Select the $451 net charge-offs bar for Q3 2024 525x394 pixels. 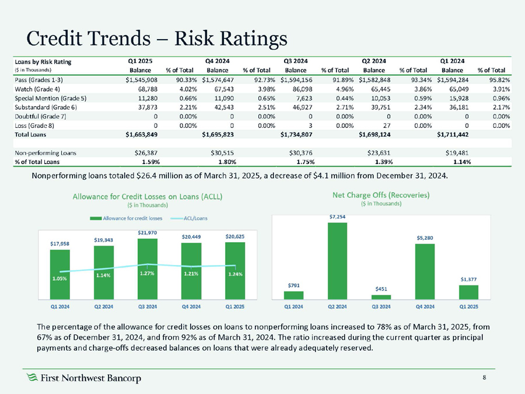pyautogui.click(x=381, y=297)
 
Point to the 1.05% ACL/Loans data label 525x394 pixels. pyautogui.click(x=60, y=278)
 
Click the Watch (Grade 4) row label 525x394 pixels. pyautogui.click(x=37, y=88)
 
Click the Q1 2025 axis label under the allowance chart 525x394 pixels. pyautogui.click(x=235, y=306)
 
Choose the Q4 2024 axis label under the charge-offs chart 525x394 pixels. pyautogui.click(x=425, y=306)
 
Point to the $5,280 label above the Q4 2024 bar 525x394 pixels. pyautogui.click(x=425, y=238)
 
